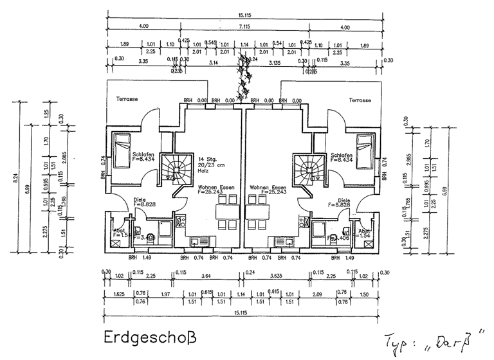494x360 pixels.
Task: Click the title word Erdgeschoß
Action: (x=149, y=336)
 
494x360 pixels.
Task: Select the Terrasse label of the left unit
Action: (x=127, y=100)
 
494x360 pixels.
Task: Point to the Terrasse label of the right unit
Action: (x=360, y=100)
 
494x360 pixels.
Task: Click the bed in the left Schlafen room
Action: (x=121, y=148)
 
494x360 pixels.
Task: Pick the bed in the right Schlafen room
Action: (x=365, y=148)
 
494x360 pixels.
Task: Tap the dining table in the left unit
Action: (x=225, y=212)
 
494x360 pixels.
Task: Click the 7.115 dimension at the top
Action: (x=244, y=26)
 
